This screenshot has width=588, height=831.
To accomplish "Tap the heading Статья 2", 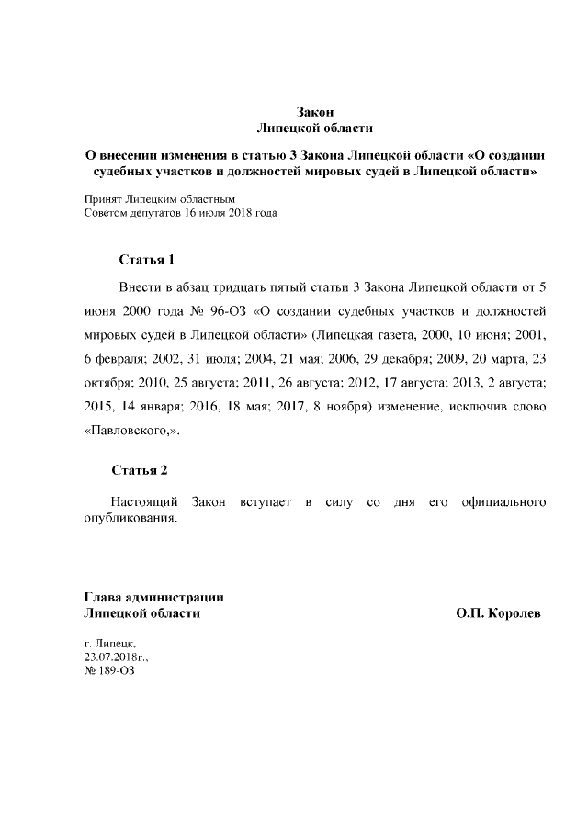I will pyautogui.click(x=140, y=470).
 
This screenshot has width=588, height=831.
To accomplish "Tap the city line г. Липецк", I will pyautogui.click(x=109, y=645).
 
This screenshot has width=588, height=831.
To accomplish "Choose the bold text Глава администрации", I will pyautogui.click(x=153, y=597).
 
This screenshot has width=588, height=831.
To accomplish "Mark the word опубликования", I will pyautogui.click(x=130, y=519).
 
